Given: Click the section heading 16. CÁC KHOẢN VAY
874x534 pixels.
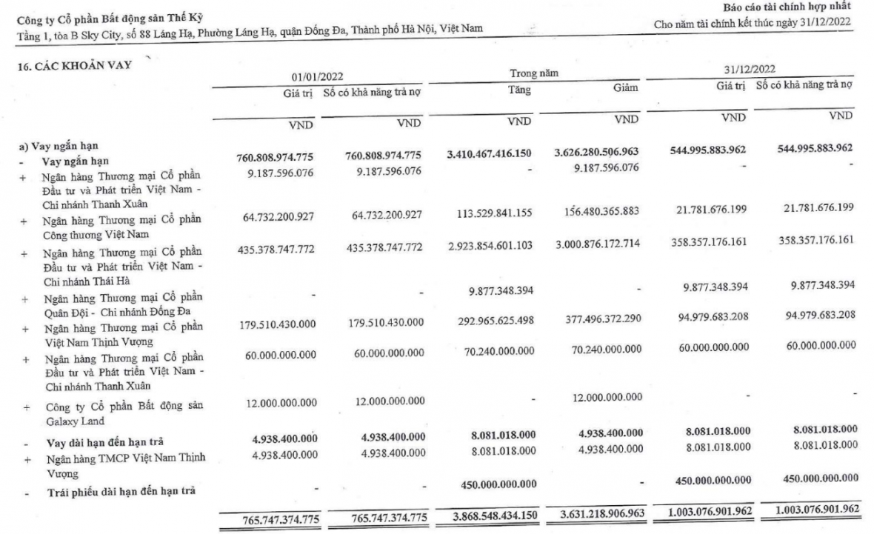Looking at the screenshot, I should [x=74, y=65].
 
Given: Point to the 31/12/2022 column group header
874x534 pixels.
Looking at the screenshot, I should [x=750, y=69].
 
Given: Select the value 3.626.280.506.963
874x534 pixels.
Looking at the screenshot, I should [x=596, y=152].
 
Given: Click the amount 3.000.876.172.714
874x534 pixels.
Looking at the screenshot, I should [x=596, y=244].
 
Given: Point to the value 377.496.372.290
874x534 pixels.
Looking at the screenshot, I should [x=596, y=320].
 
